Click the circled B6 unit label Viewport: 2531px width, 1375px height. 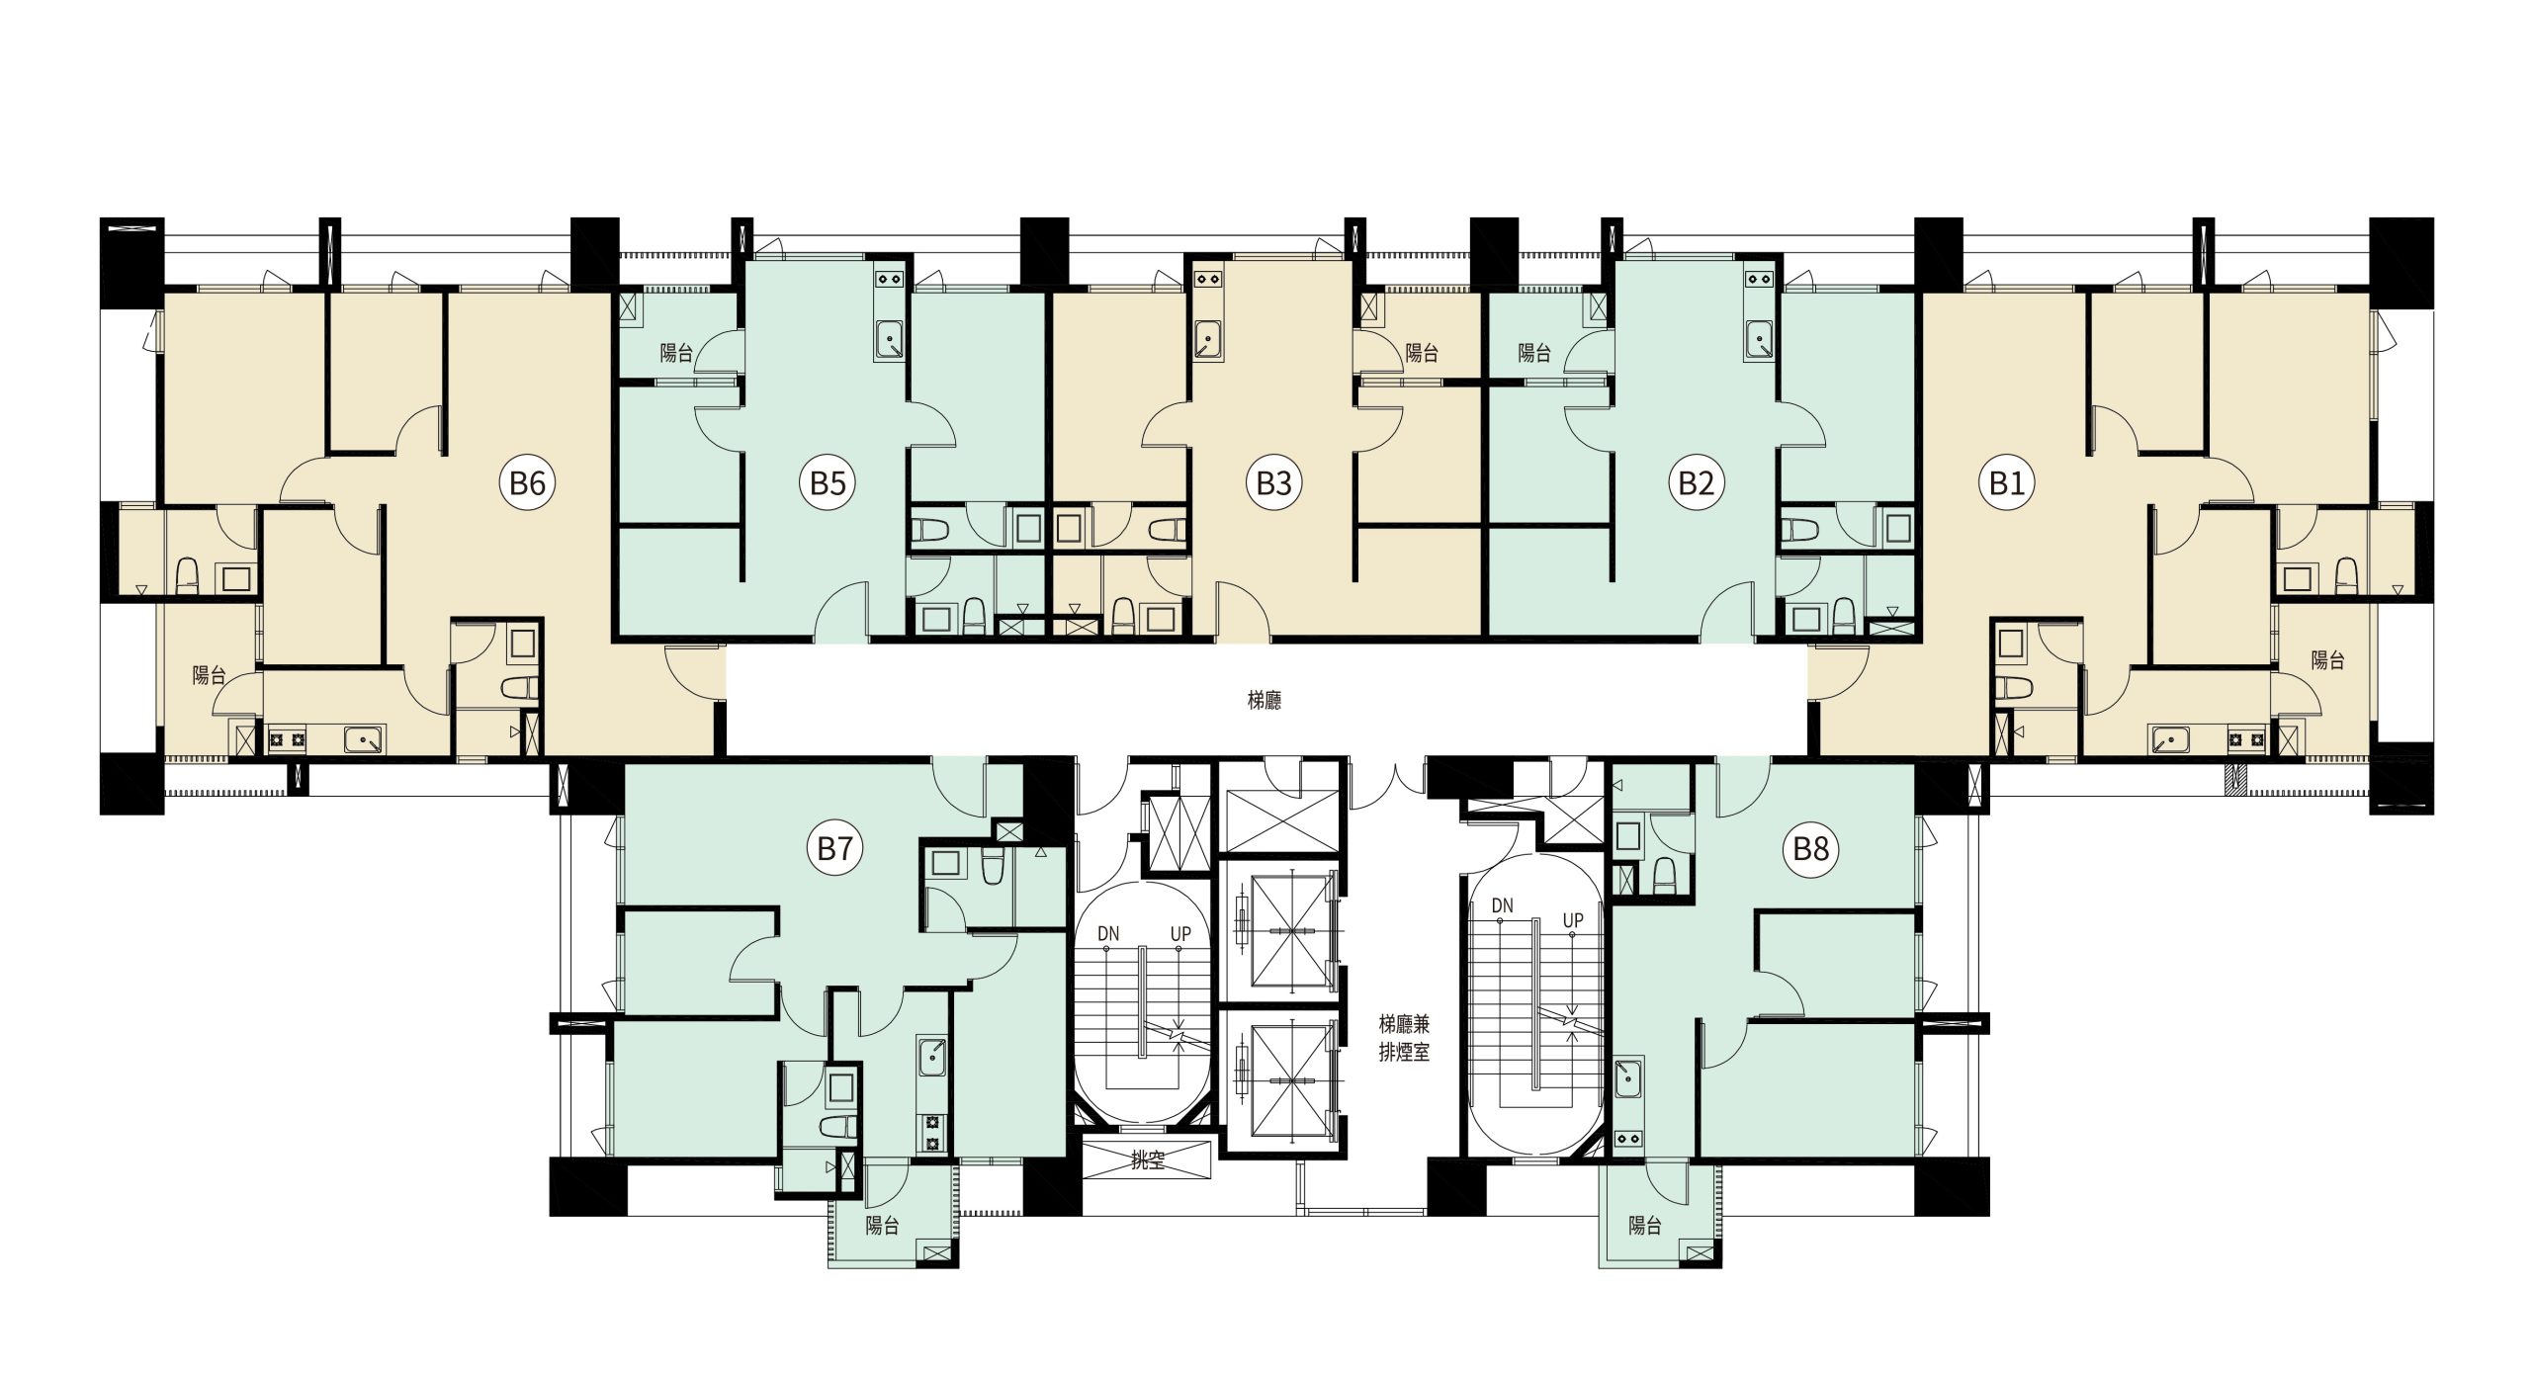tap(527, 483)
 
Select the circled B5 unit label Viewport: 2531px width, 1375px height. tap(828, 483)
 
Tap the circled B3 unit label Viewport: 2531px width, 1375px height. tap(1273, 483)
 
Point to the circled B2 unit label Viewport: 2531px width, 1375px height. tap(1696, 483)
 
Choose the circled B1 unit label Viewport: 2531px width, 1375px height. tap(2006, 483)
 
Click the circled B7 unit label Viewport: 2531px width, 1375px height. tap(835, 848)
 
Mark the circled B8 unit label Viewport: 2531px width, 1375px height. tap(1811, 848)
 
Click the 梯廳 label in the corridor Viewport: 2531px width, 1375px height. tap(1265, 701)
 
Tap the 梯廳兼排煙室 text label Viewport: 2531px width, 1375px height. tap(1404, 1038)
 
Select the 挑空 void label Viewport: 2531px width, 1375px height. tap(1147, 1160)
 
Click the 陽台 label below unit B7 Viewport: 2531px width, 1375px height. tap(882, 1226)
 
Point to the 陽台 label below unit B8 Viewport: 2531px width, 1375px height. tap(1645, 1226)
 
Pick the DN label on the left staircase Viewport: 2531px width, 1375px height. tap(1107, 933)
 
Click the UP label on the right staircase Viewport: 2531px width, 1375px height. tap(1572, 920)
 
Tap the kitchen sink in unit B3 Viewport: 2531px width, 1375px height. tap(1207, 339)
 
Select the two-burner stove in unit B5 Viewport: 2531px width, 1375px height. tap(889, 280)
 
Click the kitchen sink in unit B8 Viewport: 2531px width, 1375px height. tap(1628, 1078)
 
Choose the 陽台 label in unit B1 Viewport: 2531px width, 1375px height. tap(2327, 660)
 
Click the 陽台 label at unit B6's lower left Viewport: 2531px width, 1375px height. tap(209, 676)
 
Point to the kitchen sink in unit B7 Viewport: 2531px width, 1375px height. tap(931, 1057)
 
